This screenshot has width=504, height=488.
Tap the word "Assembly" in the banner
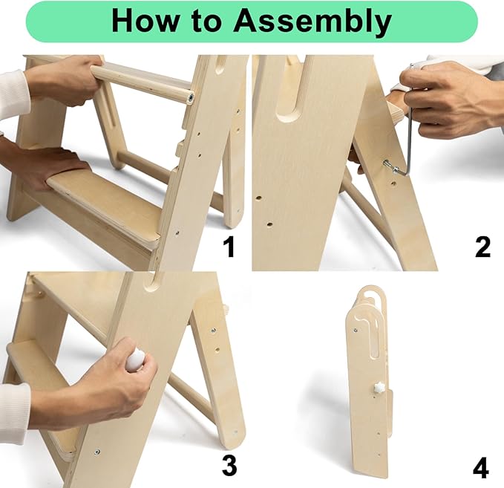(312, 22)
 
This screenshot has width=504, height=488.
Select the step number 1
(229, 247)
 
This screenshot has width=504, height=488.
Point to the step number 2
(482, 247)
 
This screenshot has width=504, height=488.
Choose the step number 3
(229, 465)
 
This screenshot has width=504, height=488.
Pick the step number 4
(481, 468)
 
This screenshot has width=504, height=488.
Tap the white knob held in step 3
(135, 359)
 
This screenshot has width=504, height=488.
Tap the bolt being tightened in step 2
(390, 166)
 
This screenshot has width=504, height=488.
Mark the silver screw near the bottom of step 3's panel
(97, 452)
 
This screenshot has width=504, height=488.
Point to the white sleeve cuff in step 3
(14, 411)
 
